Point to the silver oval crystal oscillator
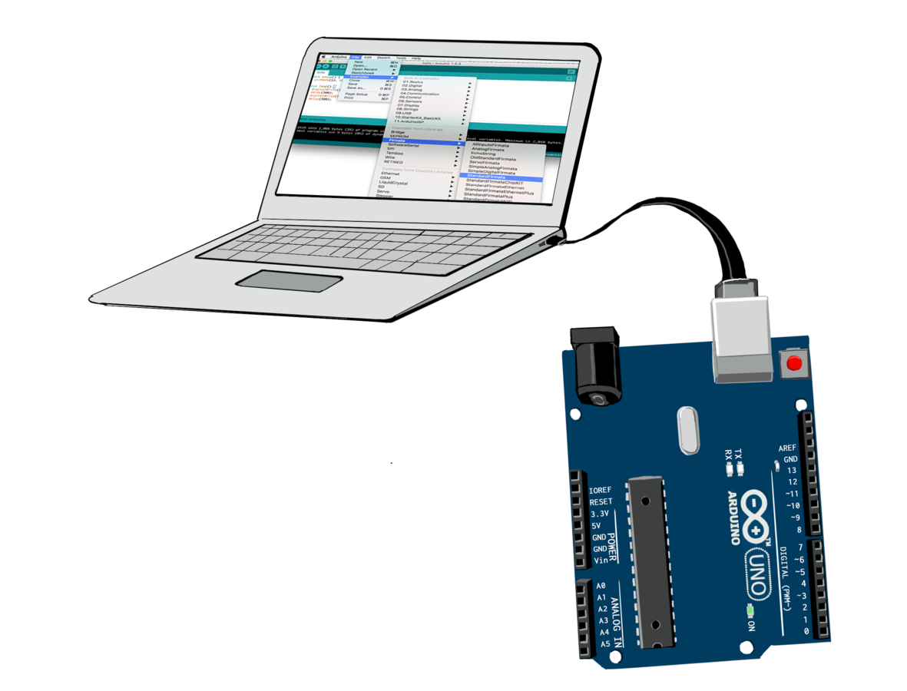(x=688, y=429)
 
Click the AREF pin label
(x=787, y=448)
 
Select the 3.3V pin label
(x=599, y=513)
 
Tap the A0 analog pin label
(x=601, y=586)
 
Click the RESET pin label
(x=600, y=501)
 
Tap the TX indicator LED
(x=740, y=468)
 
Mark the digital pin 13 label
(x=792, y=470)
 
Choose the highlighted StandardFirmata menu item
(x=492, y=177)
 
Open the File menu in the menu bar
(x=356, y=58)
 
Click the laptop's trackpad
(x=289, y=281)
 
